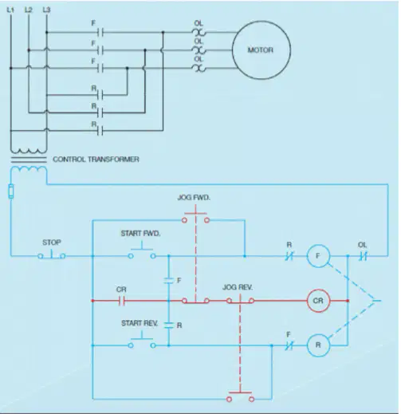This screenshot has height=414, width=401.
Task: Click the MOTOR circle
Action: pyautogui.click(x=233, y=50)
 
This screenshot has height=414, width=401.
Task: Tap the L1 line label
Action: pyautogui.click(x=10, y=10)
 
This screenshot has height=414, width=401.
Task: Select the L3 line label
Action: pyautogui.click(x=46, y=10)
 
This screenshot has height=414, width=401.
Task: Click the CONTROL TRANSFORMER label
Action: pyautogui.click(x=96, y=160)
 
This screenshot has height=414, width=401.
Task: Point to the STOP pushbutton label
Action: pyautogui.click(x=52, y=242)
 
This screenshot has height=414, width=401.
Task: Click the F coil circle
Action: pyautogui.click(x=308, y=256)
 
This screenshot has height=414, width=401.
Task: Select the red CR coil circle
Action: pyautogui.click(x=308, y=301)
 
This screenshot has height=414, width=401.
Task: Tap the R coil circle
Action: pyautogui.click(x=308, y=345)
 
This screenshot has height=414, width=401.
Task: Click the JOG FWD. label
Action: pyautogui.click(x=194, y=198)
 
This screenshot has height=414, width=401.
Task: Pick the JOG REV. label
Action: pyautogui.click(x=238, y=287)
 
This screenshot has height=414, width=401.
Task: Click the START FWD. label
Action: pyautogui.click(x=140, y=234)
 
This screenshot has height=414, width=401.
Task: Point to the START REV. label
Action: pyautogui.click(x=140, y=323)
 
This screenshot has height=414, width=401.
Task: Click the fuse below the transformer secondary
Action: pyautogui.click(x=11, y=191)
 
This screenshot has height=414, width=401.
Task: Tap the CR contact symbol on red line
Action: pyautogui.click(x=122, y=301)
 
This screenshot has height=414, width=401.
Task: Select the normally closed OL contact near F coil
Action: pyautogui.click(x=364, y=256)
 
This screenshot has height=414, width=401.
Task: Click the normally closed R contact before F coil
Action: pyautogui.click(x=289, y=256)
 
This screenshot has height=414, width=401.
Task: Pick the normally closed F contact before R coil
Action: pyautogui.click(x=289, y=345)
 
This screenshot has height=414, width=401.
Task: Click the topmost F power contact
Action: pyautogui.click(x=100, y=33)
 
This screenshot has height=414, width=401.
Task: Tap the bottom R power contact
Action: pyautogui.click(x=100, y=131)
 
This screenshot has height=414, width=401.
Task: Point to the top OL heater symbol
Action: pyautogui.click(x=199, y=33)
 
